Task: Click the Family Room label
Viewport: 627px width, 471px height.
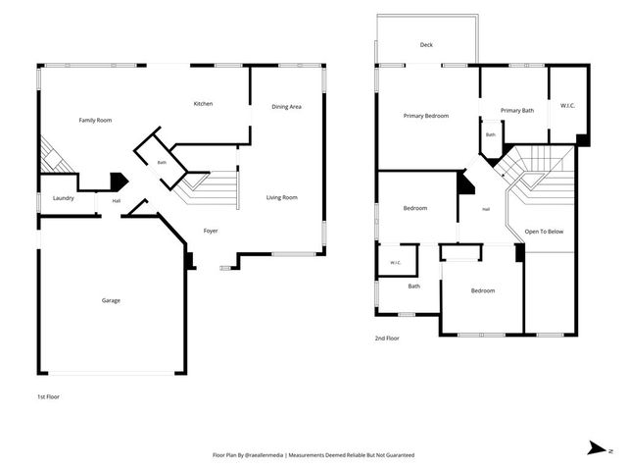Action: (95, 120)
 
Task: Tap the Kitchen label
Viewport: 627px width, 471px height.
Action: (203, 104)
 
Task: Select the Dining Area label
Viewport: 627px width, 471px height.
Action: (286, 107)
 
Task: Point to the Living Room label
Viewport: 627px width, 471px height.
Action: (282, 197)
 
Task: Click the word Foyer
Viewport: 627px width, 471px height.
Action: (211, 231)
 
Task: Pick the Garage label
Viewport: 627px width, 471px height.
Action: (111, 300)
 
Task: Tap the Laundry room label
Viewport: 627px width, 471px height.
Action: (63, 198)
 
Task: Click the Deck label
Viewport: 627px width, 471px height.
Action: (426, 45)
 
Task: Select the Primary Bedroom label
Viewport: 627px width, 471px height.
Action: (426, 116)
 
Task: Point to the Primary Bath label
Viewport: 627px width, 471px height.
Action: (517, 111)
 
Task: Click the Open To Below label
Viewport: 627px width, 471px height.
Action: (544, 232)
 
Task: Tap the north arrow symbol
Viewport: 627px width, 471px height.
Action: (597, 447)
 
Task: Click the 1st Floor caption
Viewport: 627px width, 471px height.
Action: (48, 396)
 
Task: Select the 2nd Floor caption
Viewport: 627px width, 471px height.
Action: (387, 339)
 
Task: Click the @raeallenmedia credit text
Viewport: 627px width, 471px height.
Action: (265, 455)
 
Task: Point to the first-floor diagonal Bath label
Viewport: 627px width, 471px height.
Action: (162, 163)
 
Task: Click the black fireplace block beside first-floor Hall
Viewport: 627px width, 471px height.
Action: (119, 181)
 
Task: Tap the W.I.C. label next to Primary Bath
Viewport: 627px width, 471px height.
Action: (567, 106)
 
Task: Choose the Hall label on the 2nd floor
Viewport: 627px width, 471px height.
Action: (486, 209)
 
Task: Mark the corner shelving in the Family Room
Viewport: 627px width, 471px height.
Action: (54, 156)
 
